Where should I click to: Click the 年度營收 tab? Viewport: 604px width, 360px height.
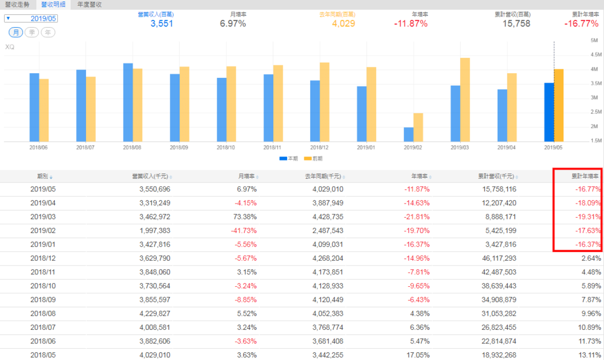[90, 4]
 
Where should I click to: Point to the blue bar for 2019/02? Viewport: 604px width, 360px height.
[408, 134]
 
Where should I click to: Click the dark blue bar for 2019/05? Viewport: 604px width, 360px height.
[549, 112]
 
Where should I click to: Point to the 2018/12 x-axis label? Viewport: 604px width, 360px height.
[320, 147]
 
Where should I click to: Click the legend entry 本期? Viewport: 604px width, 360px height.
[288, 159]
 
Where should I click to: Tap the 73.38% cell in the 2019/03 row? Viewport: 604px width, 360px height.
[245, 217]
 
